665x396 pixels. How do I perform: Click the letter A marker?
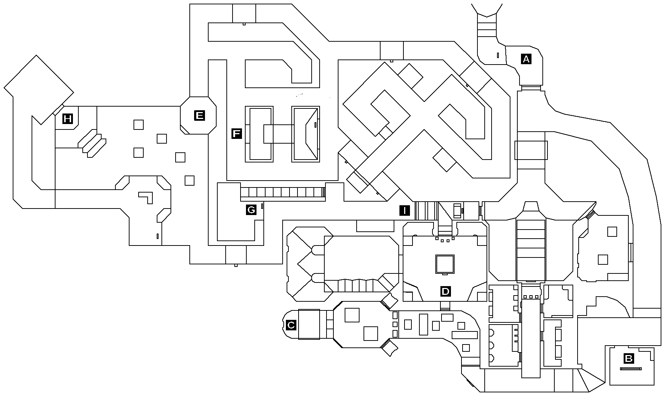[526, 59]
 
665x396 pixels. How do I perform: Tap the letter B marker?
[628, 359]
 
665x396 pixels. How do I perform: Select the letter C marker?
[291, 325]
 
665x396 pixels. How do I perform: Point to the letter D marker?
[445, 291]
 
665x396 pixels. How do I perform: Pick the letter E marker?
[199, 116]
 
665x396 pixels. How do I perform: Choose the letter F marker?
[236, 134]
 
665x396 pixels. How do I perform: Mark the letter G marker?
[251, 210]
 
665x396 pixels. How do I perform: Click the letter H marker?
[67, 119]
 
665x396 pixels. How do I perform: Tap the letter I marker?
[405, 210]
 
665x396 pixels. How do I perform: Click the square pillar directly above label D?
[445, 264]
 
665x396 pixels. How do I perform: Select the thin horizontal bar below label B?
[631, 369]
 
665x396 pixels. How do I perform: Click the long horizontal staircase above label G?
[282, 192]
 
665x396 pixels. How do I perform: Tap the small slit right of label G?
[262, 206]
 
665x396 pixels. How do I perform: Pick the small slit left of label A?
[498, 55]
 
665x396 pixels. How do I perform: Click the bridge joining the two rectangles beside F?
[278, 134]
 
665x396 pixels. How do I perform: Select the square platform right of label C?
[309, 324]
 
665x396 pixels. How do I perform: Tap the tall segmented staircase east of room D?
[531, 250]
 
